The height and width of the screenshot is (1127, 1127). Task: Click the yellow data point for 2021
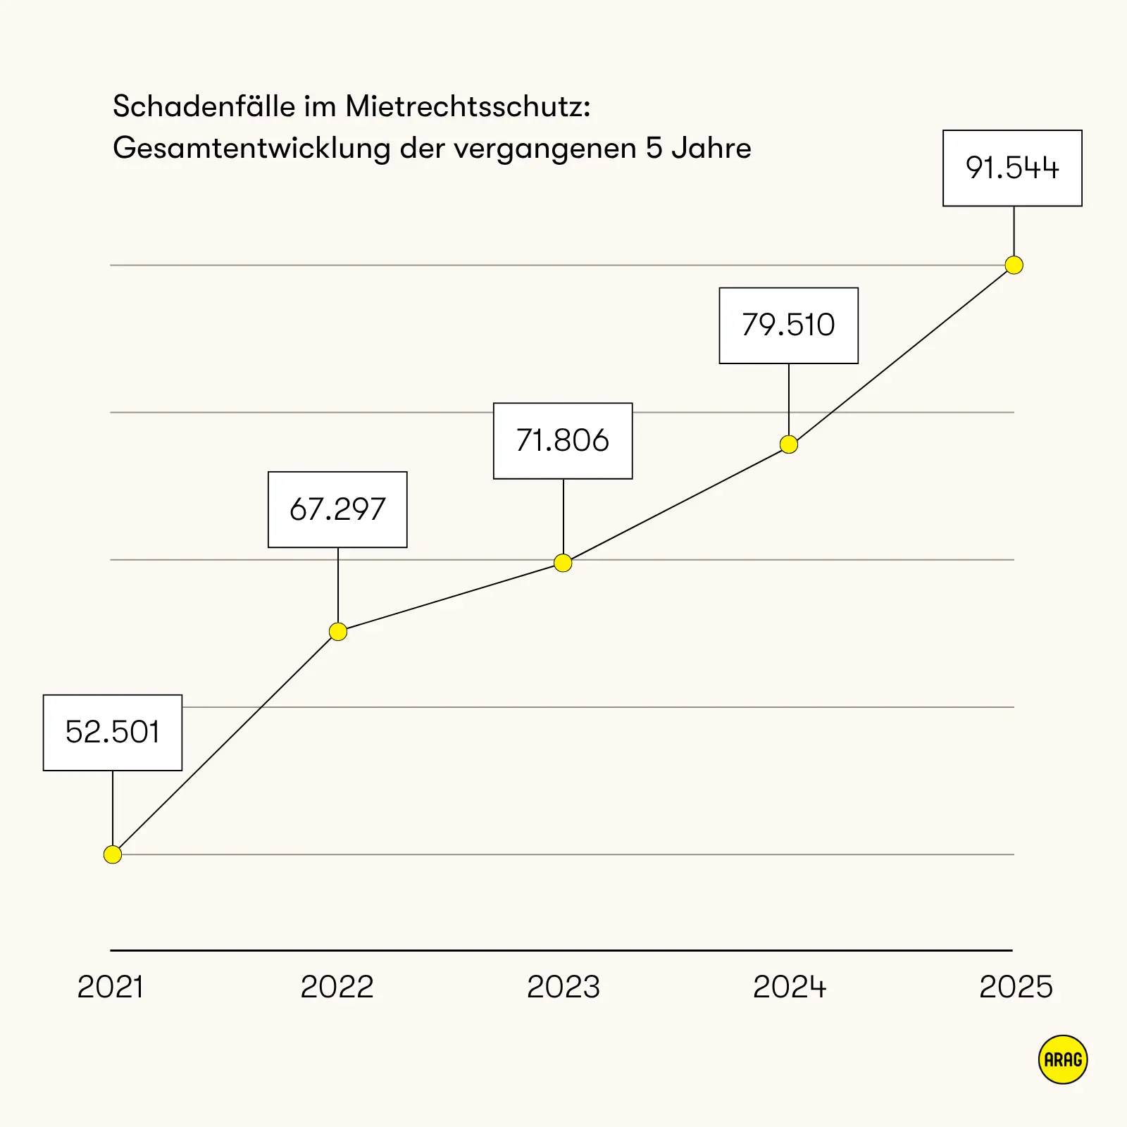[x=113, y=854]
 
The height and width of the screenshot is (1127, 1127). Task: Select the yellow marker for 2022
[x=338, y=632]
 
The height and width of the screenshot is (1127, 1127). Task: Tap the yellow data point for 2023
[x=563, y=563]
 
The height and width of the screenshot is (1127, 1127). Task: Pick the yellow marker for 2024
[x=789, y=444]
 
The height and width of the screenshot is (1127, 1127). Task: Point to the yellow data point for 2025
[x=1014, y=265]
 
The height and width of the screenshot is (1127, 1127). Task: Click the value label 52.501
[x=113, y=733]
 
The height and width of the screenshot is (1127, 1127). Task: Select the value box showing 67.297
[x=337, y=509]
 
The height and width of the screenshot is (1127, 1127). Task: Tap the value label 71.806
[x=563, y=441]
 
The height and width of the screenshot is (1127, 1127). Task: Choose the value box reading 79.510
[x=788, y=325]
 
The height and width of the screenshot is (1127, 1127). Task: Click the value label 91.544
[x=1012, y=168]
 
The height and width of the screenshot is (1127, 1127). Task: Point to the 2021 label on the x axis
[x=111, y=987]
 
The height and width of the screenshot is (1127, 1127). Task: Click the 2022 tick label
[x=337, y=987]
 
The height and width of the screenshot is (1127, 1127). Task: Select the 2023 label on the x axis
[x=563, y=987]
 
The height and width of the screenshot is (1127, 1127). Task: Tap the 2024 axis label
[x=790, y=987]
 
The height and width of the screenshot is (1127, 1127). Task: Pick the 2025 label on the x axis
[x=1016, y=987]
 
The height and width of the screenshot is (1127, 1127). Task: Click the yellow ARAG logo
[x=1063, y=1059]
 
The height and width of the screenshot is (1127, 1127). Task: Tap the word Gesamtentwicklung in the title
[x=251, y=149]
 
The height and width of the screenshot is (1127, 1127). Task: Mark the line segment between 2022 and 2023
[x=451, y=597]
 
